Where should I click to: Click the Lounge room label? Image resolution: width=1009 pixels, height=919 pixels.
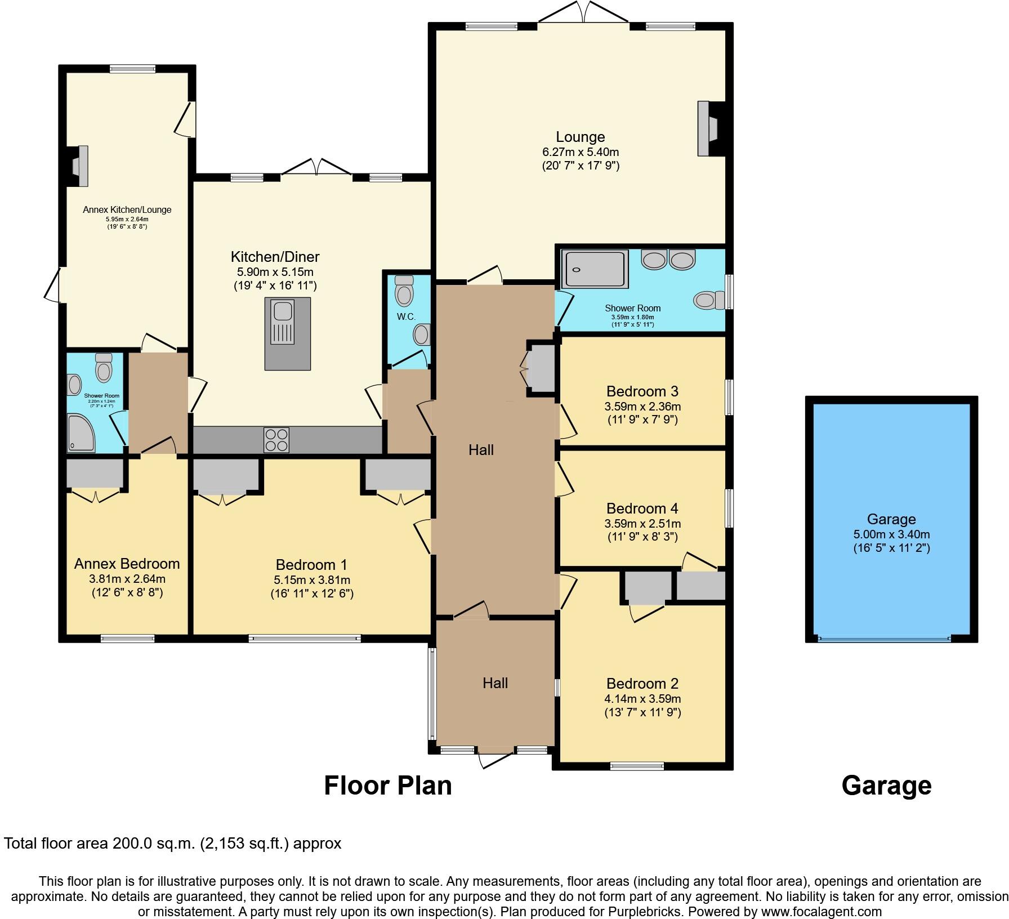point(580,137)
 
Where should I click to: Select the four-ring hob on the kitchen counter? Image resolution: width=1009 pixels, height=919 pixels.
point(276,440)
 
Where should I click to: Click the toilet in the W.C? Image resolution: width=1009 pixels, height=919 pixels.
point(404,291)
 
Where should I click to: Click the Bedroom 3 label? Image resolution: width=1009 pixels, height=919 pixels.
point(642,391)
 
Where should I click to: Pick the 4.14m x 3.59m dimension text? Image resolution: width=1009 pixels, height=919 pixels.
point(642,699)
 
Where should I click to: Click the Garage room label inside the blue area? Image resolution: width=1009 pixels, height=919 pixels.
point(891,519)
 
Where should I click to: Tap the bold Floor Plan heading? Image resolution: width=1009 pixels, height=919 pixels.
point(387,786)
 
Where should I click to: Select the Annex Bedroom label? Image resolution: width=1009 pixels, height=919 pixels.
point(127,564)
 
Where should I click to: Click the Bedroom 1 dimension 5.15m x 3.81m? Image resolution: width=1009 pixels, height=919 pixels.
point(311,579)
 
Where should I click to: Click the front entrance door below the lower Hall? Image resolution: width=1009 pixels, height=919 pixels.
point(496,759)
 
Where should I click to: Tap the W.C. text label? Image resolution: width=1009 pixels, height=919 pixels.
point(406,317)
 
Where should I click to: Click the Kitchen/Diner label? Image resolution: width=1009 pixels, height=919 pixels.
point(275,257)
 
